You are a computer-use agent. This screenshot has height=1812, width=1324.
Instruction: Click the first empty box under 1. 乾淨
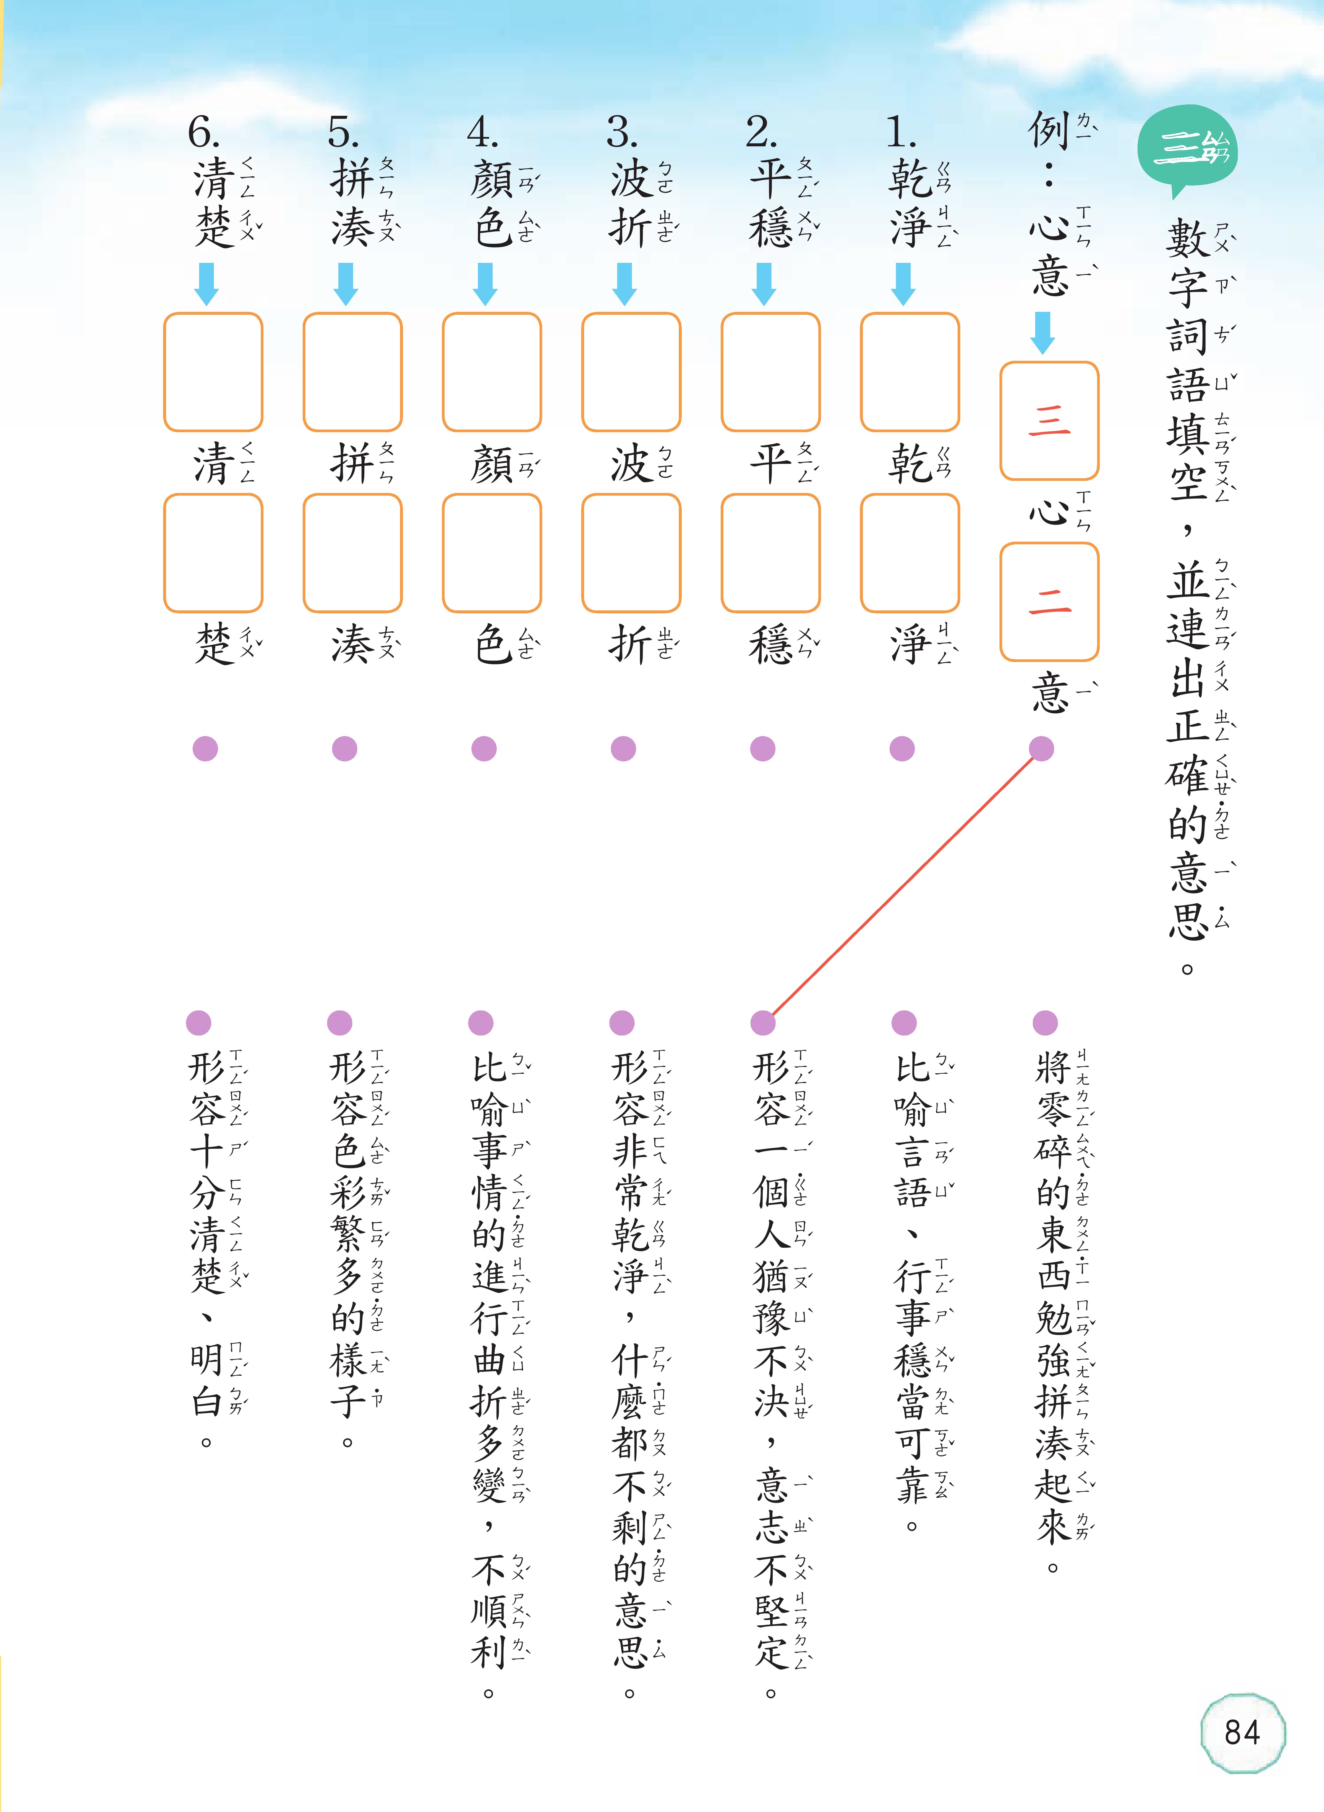click(x=910, y=372)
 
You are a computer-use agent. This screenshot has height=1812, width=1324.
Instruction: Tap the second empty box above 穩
click(x=770, y=553)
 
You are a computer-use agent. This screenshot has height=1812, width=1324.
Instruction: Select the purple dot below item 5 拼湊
click(x=345, y=748)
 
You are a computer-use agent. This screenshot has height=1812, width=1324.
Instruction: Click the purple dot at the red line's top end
click(x=1041, y=748)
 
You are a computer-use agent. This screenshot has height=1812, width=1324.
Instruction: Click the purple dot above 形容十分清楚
click(x=198, y=1023)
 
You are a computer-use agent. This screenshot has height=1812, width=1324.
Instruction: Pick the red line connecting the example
click(x=902, y=886)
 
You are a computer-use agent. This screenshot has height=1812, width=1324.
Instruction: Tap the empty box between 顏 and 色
click(x=491, y=553)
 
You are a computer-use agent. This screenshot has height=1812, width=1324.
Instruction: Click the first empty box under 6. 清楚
click(x=213, y=372)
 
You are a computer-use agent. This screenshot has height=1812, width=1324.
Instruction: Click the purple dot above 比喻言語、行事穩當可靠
click(x=904, y=1023)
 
